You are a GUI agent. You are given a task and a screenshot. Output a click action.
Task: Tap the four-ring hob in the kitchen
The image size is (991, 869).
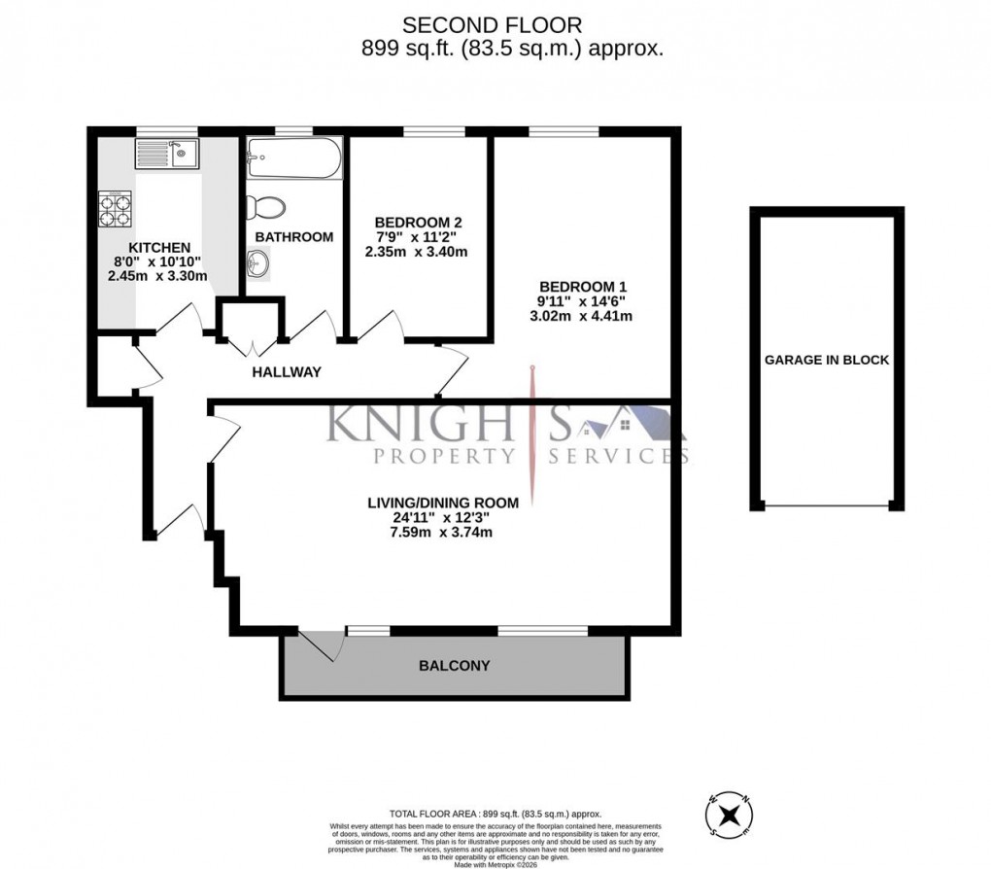point(114,211)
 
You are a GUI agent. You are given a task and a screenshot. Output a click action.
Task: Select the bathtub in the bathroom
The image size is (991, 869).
point(294,157)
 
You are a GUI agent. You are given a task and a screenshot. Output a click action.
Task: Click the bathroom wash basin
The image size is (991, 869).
point(259,262)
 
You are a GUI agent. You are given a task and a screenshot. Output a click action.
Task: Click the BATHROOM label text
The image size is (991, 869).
point(294,236)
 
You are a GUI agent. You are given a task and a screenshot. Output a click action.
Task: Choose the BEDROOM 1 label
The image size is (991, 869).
point(584,287)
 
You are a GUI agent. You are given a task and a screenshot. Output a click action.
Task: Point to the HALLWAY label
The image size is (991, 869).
point(287,372)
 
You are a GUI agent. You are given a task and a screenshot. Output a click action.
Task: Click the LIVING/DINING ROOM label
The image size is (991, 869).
point(442,503)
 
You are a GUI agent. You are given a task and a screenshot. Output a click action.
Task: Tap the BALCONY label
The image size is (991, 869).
point(454,666)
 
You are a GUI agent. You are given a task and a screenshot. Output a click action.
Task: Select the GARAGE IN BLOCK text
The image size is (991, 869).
point(827,360)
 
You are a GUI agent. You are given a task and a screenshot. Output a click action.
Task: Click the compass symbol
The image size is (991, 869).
point(732,814)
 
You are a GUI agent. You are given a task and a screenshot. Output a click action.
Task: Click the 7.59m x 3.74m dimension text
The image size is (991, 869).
point(443,532)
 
